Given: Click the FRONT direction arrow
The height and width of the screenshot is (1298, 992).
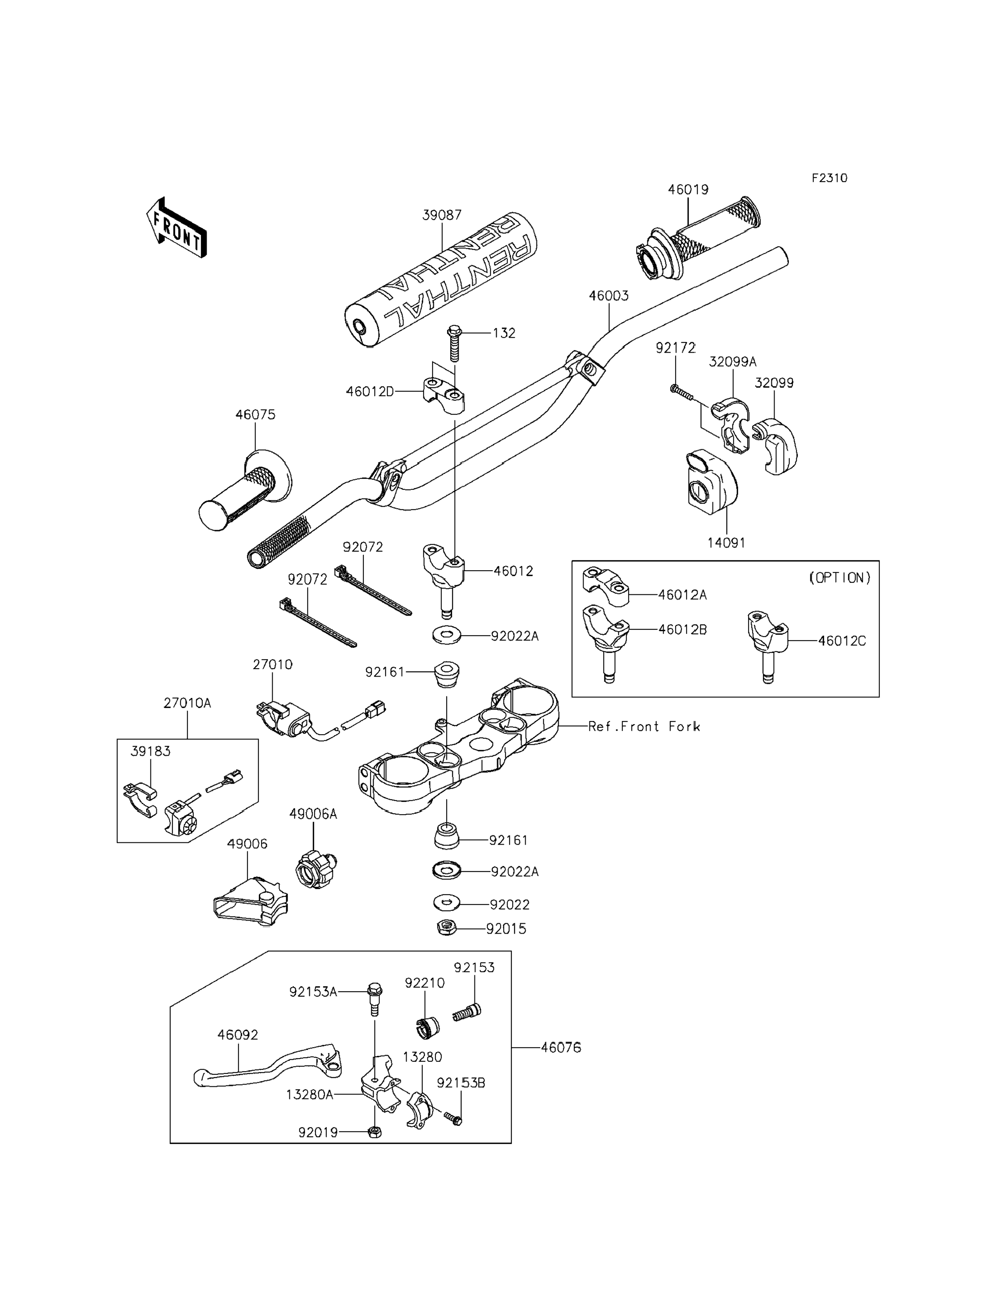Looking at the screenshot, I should [177, 228].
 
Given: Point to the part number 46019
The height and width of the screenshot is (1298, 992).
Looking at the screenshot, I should [688, 190].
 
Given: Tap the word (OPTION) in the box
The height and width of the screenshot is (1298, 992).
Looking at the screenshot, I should [839, 577].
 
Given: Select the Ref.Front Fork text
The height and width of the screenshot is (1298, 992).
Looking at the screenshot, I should [644, 727].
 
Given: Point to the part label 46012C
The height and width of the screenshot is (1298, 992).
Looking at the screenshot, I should [841, 641].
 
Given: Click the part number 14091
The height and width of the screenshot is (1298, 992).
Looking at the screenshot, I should [726, 543].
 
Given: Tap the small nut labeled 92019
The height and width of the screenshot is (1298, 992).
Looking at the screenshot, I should [374, 1132].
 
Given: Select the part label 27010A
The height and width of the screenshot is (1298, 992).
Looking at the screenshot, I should [187, 703].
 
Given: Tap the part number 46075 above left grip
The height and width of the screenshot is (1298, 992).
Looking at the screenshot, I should [255, 415].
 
